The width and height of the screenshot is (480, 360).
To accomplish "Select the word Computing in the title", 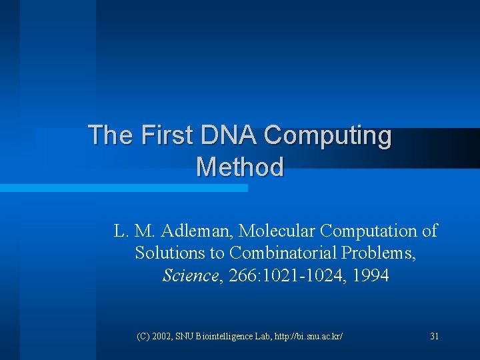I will [327, 136].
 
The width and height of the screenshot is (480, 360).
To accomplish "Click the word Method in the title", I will [240, 167].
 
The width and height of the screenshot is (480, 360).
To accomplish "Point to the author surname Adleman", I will [200, 231].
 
